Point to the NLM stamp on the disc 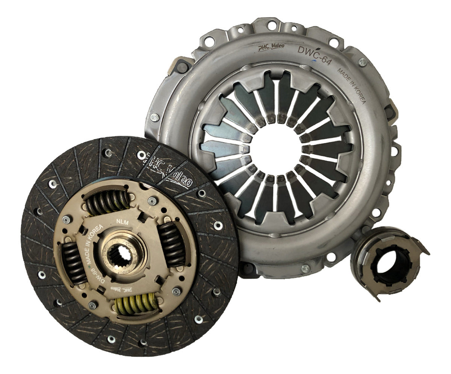(123, 222)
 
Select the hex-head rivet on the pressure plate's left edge (154, 118)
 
